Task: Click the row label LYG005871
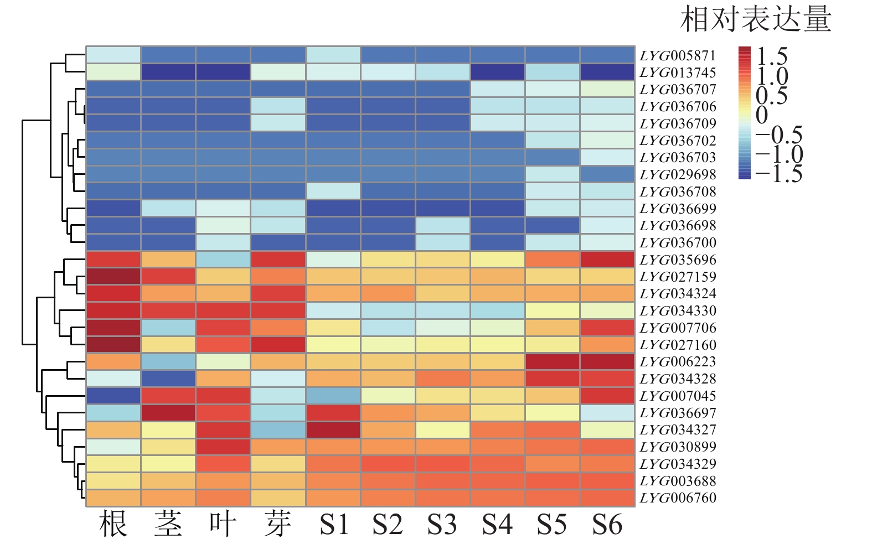click(678, 55)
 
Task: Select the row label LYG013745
click(678, 72)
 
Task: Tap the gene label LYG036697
click(678, 413)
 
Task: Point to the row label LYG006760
click(678, 498)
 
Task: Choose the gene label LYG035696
click(678, 260)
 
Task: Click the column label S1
click(333, 524)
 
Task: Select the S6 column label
click(607, 524)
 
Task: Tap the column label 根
click(113, 524)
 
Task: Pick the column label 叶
click(223, 524)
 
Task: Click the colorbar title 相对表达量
click(755, 19)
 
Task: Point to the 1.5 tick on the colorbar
click(772, 56)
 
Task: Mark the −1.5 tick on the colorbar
click(778, 174)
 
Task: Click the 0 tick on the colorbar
click(762, 115)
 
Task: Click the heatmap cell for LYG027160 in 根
click(113, 345)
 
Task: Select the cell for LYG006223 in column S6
click(607, 362)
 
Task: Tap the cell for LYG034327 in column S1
click(333, 430)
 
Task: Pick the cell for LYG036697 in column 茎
click(168, 413)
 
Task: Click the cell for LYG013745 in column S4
click(498, 72)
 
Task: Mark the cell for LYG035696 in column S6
click(607, 260)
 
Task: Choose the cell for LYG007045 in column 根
click(113, 396)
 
